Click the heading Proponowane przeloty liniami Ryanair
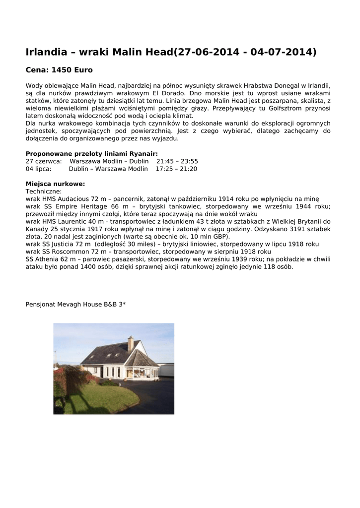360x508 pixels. point(92,154)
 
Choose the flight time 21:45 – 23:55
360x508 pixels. point(177,161)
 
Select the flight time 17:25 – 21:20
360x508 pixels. point(176,169)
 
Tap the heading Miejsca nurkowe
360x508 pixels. point(55,184)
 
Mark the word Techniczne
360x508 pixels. point(44,191)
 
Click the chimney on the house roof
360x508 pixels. point(130,343)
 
